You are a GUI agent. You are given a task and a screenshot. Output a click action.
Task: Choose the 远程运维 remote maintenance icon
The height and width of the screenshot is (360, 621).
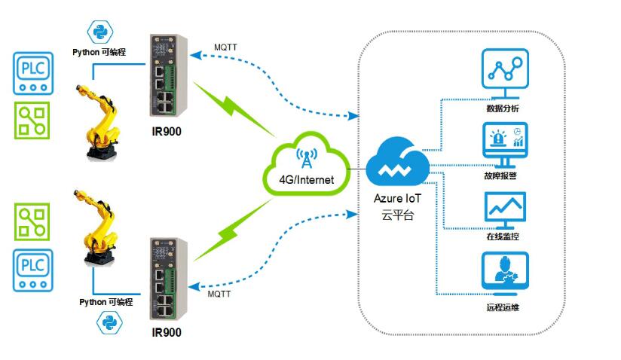[x=504, y=275]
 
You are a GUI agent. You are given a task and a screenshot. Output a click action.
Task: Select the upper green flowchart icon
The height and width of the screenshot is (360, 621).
[x=34, y=121]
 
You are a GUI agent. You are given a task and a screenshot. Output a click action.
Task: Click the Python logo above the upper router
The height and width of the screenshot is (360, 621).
[x=99, y=32]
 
